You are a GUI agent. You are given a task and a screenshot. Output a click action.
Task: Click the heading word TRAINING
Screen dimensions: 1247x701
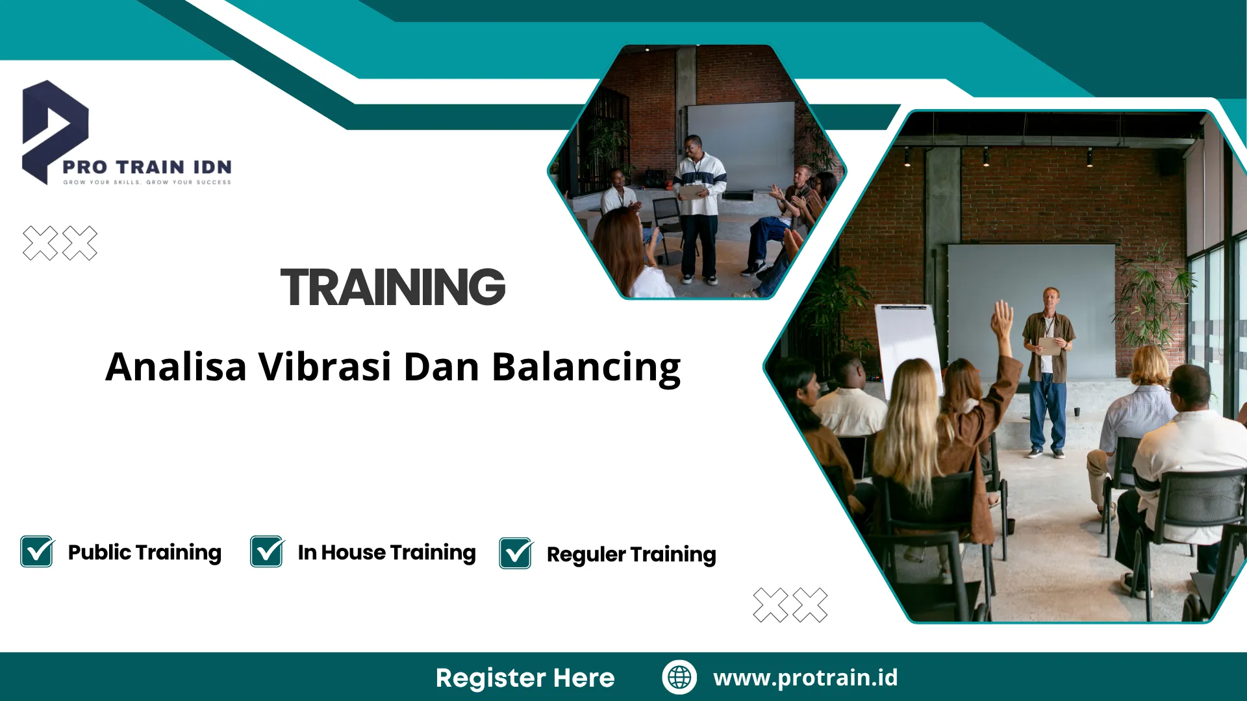pos(392,287)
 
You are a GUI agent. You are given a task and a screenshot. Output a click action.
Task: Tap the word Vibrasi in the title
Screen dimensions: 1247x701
pos(325,367)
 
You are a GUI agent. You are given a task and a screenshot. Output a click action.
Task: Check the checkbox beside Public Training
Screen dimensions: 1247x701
pos(37,552)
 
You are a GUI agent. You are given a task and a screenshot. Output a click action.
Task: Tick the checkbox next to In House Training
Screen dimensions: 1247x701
pos(267,552)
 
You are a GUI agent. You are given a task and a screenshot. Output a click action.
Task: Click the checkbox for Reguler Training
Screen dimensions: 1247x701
pos(516,554)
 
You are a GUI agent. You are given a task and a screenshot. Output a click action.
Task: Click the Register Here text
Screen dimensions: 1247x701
pos(525,678)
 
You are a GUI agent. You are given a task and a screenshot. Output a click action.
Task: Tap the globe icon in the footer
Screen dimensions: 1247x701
pos(679,677)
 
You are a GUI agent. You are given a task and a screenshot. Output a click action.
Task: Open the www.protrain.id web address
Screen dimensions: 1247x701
pos(805,678)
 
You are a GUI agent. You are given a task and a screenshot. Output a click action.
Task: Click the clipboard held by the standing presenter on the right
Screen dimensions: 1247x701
pos(1050,346)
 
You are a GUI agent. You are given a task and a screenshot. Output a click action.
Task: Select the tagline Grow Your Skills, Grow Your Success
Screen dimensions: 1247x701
pos(147,182)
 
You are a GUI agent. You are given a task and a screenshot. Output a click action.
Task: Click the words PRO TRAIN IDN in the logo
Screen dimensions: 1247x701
pos(147,167)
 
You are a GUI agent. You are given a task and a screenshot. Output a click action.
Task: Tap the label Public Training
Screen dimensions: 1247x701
pos(145,552)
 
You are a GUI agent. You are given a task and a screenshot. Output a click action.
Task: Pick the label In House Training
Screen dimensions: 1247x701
pos(386,552)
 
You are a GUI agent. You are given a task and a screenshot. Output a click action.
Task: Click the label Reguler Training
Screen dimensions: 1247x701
pos(631,554)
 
